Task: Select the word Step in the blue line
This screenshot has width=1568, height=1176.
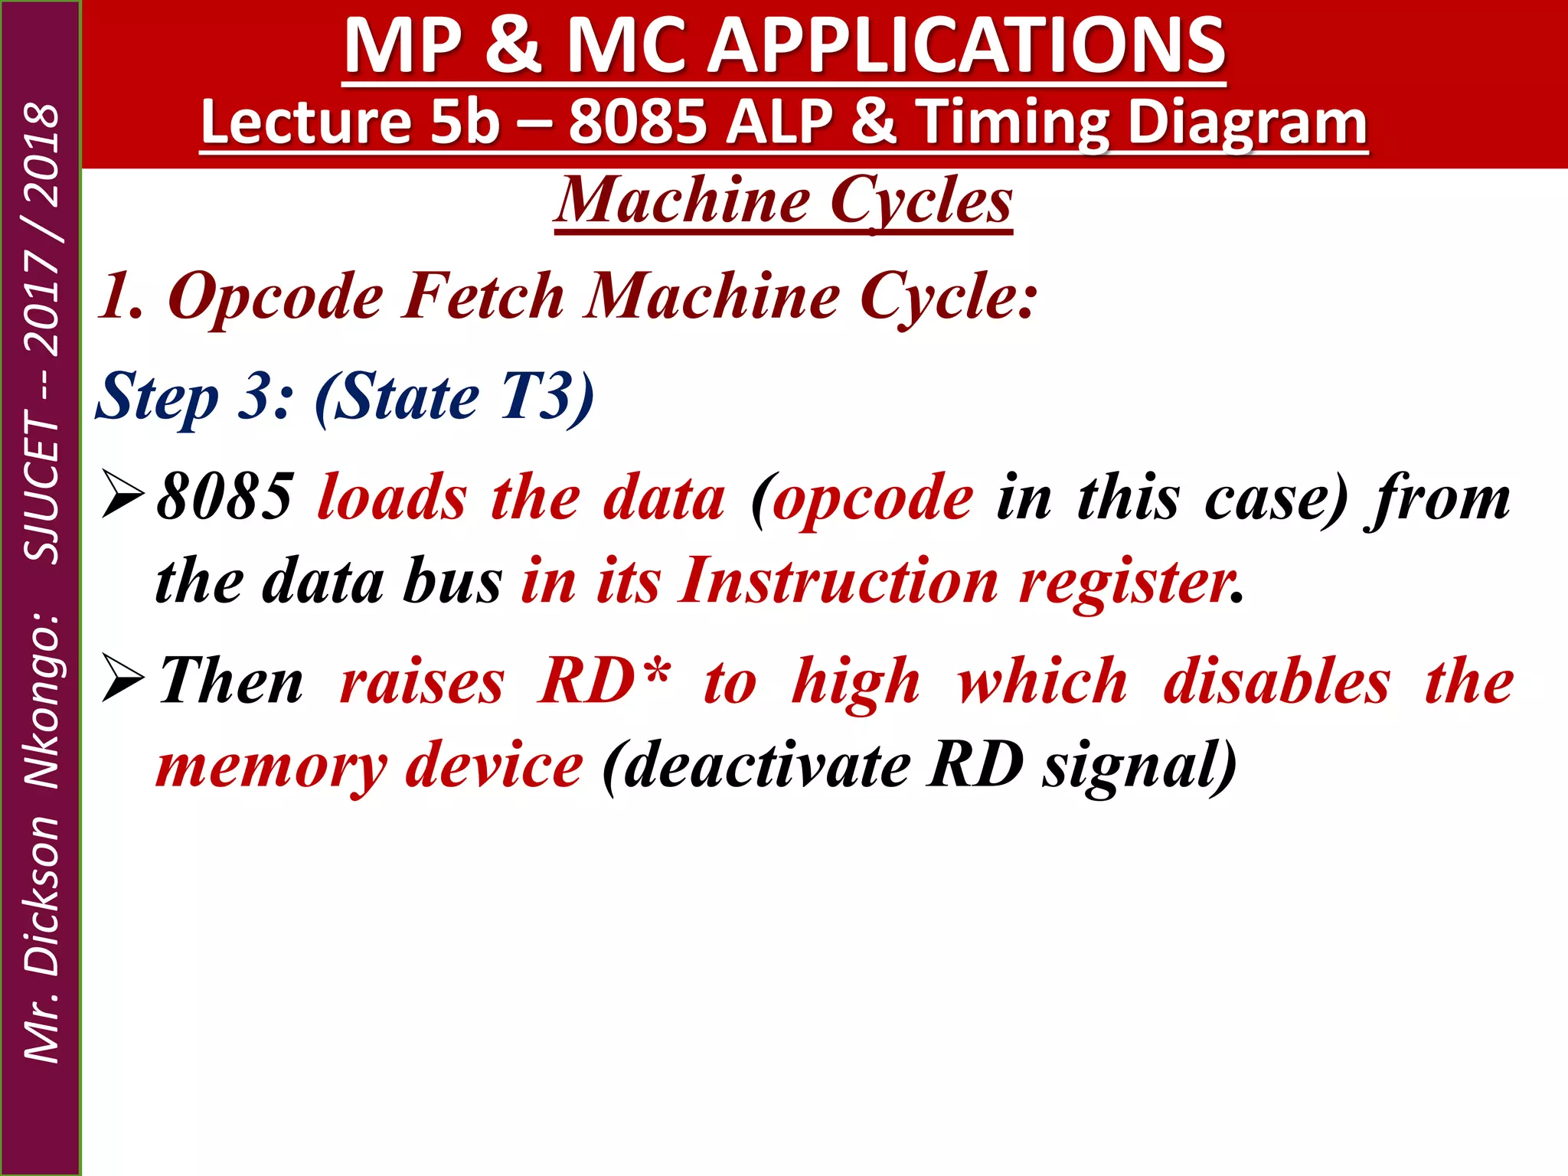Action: [x=157, y=397]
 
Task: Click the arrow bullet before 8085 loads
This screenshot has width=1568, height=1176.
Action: [x=122, y=496]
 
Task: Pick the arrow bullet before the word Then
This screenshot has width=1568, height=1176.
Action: [x=122, y=680]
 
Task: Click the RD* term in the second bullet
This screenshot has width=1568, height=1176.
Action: [x=605, y=681]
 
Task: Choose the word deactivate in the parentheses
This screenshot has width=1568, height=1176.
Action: [x=766, y=766]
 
